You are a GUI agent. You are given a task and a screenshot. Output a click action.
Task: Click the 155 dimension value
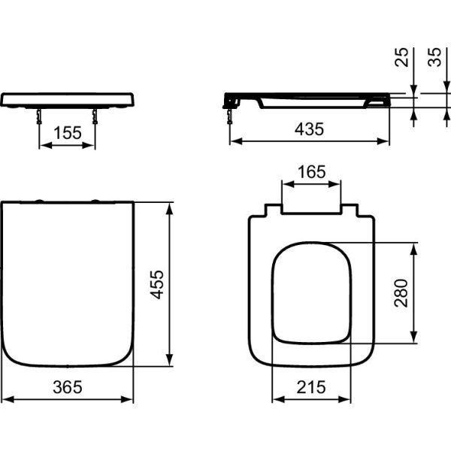(x=67, y=134)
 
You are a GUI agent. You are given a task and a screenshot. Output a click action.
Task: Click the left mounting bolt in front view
(x=39, y=114)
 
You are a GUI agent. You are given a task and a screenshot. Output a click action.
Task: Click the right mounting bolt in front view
(x=95, y=114)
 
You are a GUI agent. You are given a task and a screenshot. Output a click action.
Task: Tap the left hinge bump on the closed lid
(x=39, y=201)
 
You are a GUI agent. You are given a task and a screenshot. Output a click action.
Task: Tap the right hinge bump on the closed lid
(x=95, y=201)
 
